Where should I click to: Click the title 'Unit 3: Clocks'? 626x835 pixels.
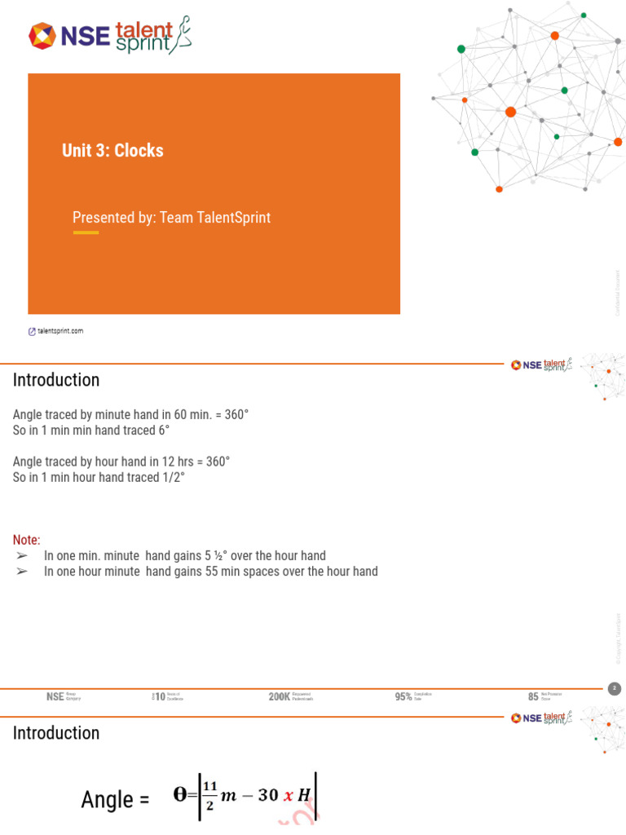click(112, 150)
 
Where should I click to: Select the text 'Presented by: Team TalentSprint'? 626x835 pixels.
click(171, 218)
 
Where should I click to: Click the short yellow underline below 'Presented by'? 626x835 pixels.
click(86, 233)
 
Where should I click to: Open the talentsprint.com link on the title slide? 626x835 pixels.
click(55, 331)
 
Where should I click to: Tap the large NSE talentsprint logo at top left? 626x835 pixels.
click(111, 35)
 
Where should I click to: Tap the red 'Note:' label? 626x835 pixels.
click(26, 540)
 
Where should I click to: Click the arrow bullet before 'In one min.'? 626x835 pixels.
click(22, 556)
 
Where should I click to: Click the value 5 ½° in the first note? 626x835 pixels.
click(214, 556)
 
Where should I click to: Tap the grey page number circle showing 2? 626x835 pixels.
click(615, 689)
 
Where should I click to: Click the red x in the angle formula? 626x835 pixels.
click(288, 797)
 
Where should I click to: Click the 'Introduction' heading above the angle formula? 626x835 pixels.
click(56, 733)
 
